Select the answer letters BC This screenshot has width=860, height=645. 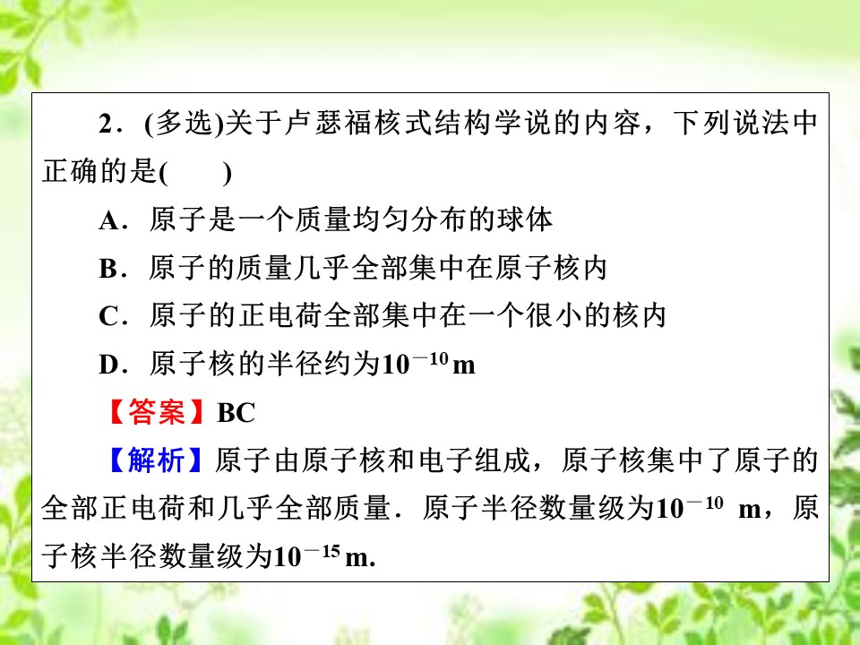[236, 413]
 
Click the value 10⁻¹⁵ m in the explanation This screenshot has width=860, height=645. [322, 556]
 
